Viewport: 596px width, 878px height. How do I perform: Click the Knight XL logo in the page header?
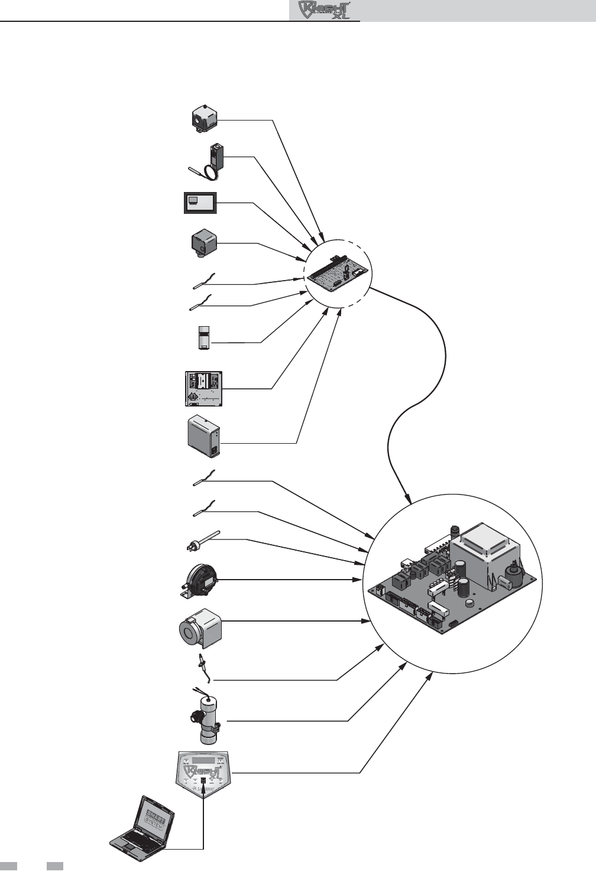tap(325, 11)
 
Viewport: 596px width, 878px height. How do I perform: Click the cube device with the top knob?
tap(202, 119)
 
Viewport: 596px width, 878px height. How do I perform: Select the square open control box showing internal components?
tap(204, 388)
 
